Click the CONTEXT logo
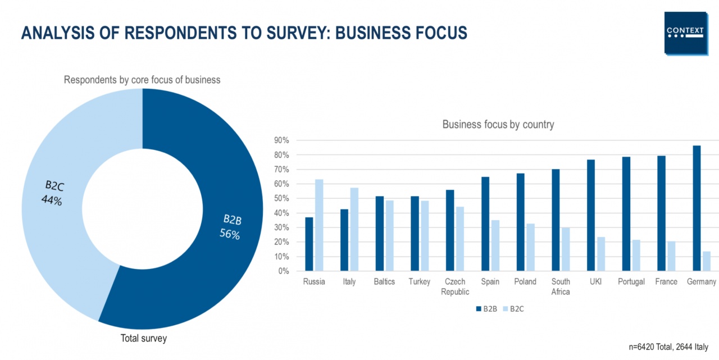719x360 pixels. click(685, 33)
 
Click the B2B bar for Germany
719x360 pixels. click(697, 208)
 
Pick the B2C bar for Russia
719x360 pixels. click(319, 225)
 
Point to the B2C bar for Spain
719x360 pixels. click(495, 245)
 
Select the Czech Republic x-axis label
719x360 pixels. click(455, 286)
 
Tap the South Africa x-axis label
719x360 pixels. click(561, 286)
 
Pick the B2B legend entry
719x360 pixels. click(486, 308)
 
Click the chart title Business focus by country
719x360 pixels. click(498, 125)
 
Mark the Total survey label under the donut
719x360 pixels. click(144, 338)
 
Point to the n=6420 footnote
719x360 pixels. click(668, 347)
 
